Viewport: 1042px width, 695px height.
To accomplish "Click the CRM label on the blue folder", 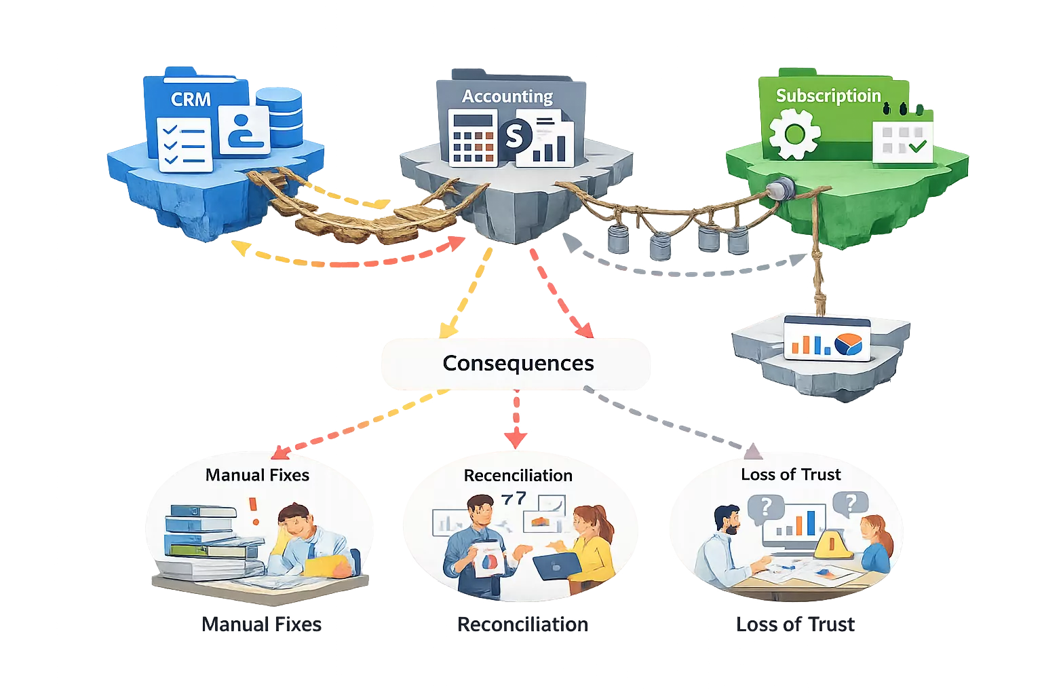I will pos(191,99).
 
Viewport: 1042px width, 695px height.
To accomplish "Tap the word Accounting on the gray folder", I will pos(507,96).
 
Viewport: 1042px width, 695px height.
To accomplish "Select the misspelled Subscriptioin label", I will pos(828,96).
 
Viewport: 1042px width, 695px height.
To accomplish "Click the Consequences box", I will pos(518,364).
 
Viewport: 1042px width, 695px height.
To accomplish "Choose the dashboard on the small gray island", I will pos(826,338).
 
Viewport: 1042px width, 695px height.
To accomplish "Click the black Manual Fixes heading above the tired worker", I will pos(257,475).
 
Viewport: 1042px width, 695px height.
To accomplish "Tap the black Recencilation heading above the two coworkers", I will pos(518,476).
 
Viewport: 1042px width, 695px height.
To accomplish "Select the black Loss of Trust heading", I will pos(790,474).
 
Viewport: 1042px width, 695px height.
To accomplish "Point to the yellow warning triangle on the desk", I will pos(832,545).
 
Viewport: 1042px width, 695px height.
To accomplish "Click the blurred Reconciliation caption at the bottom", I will pos(523,624).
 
